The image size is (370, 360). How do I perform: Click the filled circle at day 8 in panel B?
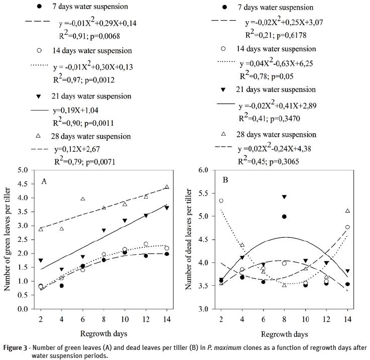click(285, 216)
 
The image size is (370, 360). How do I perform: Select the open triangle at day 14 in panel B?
click(348, 211)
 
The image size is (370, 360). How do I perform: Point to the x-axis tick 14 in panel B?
click(348, 317)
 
